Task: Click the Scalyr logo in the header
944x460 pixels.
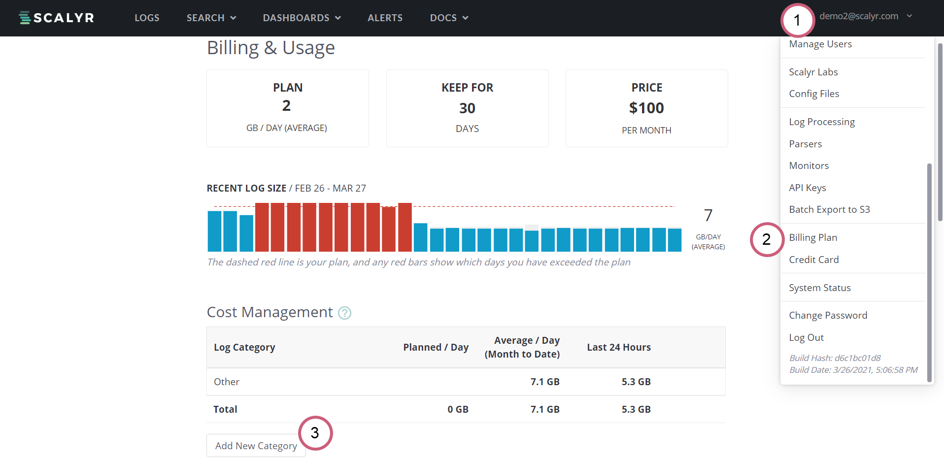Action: click(x=56, y=18)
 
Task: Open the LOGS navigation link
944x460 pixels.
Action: click(x=147, y=18)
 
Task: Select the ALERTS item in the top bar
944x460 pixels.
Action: click(x=385, y=18)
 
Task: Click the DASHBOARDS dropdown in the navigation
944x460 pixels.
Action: click(x=302, y=18)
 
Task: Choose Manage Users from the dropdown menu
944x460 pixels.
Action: click(x=820, y=44)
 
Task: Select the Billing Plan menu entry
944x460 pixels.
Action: click(x=813, y=237)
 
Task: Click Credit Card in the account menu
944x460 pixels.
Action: click(x=813, y=260)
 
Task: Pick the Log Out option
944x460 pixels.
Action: click(x=806, y=337)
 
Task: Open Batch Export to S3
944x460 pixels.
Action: click(x=829, y=209)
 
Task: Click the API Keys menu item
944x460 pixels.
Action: click(x=807, y=188)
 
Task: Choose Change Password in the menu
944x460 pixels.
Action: click(x=828, y=315)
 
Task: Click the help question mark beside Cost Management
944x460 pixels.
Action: click(x=344, y=313)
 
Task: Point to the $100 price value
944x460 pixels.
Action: click(x=646, y=108)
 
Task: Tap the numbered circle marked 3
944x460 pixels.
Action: click(x=315, y=433)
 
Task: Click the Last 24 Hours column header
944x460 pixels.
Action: click(x=618, y=347)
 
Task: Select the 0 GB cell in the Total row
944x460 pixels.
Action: click(x=458, y=409)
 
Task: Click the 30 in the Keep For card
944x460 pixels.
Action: click(x=467, y=108)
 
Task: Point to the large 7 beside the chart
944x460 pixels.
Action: click(x=708, y=215)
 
